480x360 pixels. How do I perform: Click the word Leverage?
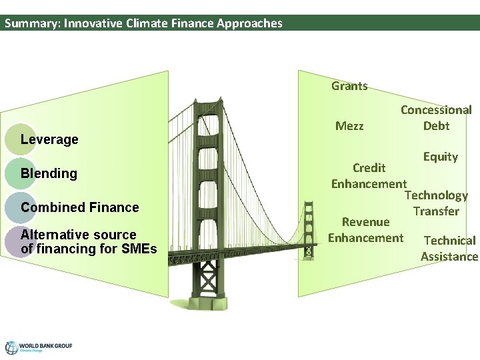49,140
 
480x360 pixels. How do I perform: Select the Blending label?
49,174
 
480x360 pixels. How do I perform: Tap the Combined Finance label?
79,208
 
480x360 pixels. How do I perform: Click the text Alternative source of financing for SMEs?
88,242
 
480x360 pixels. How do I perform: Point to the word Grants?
349,86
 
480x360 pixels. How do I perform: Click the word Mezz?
349,126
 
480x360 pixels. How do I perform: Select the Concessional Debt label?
436,118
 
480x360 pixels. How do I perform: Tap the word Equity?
440,157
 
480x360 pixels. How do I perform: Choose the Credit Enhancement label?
369,175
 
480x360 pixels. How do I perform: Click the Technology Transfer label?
436,203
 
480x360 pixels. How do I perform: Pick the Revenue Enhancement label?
365,230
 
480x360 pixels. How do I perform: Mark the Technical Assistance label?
449,249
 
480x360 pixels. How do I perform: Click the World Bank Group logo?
38,347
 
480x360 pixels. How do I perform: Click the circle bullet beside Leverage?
20,139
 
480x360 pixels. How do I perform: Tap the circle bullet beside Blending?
20,173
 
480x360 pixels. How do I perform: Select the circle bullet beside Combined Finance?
20,207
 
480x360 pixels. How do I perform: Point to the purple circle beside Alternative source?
20,241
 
